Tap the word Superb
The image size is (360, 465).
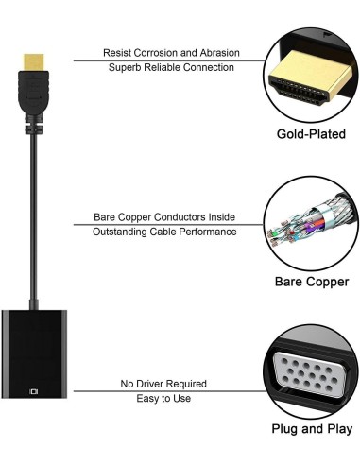coord(127,68)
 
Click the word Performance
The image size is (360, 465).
coord(209,232)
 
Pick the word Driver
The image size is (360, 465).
coord(154,384)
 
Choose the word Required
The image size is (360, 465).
coord(188,384)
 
